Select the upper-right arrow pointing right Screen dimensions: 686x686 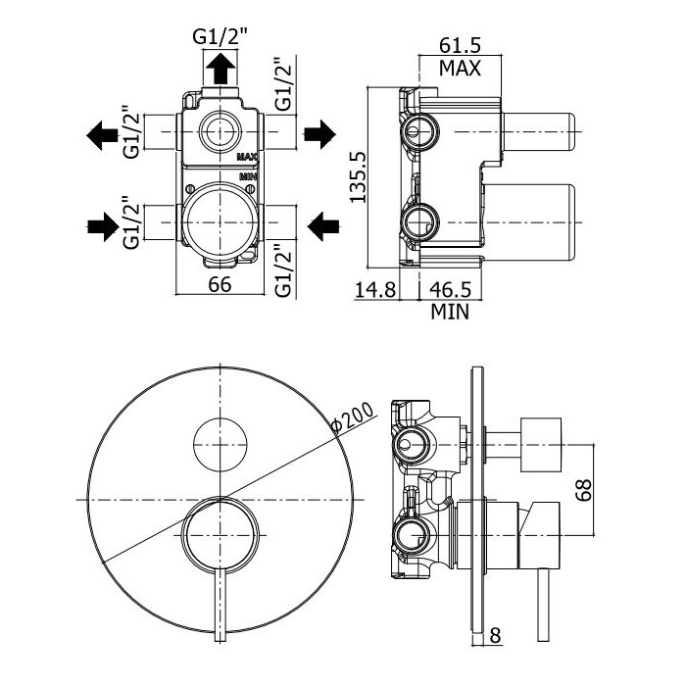coord(320,134)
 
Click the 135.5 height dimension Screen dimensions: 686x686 coord(359,176)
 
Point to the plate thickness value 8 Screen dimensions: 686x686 coord(495,634)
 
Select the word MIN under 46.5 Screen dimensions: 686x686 coord(450,313)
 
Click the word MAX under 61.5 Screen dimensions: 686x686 coord(459,69)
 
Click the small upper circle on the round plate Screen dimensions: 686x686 coord(220,444)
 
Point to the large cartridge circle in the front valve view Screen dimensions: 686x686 coord(220,220)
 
